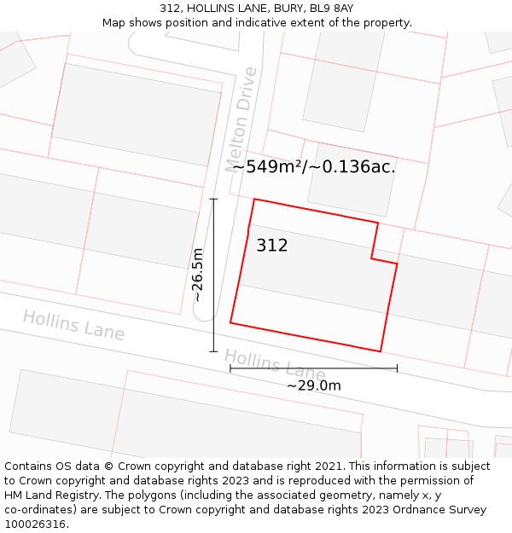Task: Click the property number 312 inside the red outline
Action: [271, 246]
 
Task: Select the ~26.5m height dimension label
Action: [197, 275]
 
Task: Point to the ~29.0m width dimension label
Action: [313, 385]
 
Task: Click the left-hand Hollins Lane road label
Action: [73, 325]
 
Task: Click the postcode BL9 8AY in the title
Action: [332, 9]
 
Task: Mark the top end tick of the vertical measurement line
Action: [213, 200]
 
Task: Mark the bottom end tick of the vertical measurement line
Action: [213, 351]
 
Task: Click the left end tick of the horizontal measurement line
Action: [230, 368]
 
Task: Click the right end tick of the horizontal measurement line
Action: [397, 368]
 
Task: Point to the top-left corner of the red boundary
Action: [254, 200]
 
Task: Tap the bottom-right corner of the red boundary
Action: [381, 351]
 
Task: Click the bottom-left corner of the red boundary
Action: [230, 322]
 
